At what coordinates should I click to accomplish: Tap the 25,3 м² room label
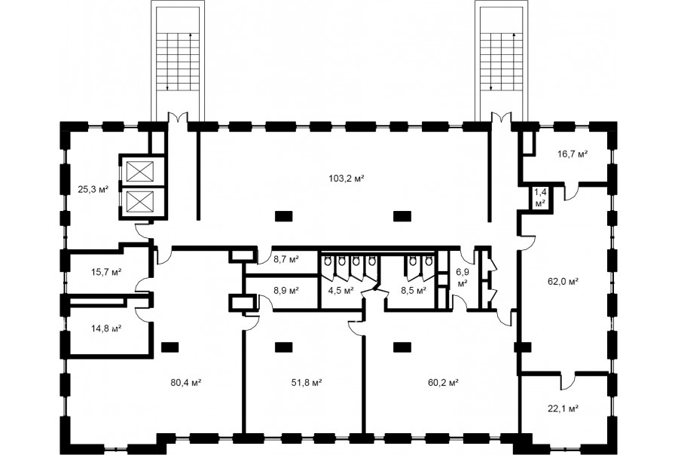pos(93,188)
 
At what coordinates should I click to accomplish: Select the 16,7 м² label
pos(573,154)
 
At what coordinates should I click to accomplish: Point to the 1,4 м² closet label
pos(539,197)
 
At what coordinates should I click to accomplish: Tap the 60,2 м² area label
pos(443,383)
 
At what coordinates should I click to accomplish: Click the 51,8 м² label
pos(307,383)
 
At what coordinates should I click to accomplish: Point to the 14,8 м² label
pos(106,328)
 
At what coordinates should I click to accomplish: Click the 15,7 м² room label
pos(106,272)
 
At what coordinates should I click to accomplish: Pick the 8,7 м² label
pos(286,260)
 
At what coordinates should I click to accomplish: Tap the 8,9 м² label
pos(286,291)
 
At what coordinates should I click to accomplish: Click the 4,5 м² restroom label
pos(341,291)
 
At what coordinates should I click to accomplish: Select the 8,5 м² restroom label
pos(414,291)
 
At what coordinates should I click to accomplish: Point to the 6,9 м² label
pos(463,278)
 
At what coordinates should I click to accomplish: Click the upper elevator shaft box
pos(139,171)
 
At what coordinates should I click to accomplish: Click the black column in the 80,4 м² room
pos(169,347)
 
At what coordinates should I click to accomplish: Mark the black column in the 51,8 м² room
pos(283,347)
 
